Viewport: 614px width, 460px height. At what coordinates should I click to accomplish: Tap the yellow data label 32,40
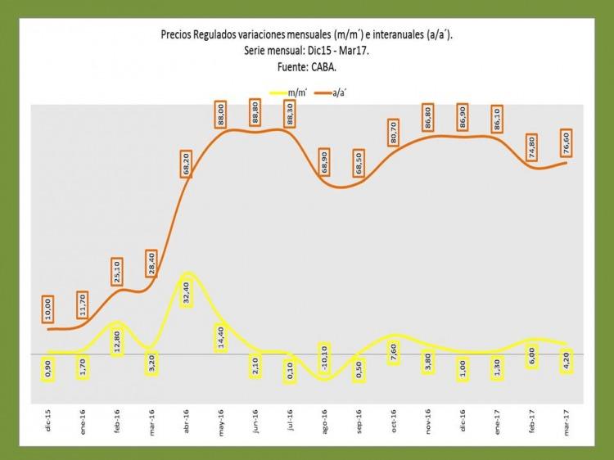[187, 290]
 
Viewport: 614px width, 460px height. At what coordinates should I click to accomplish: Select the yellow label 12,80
[117, 338]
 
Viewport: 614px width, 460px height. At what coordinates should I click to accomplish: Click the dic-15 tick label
[47, 425]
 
